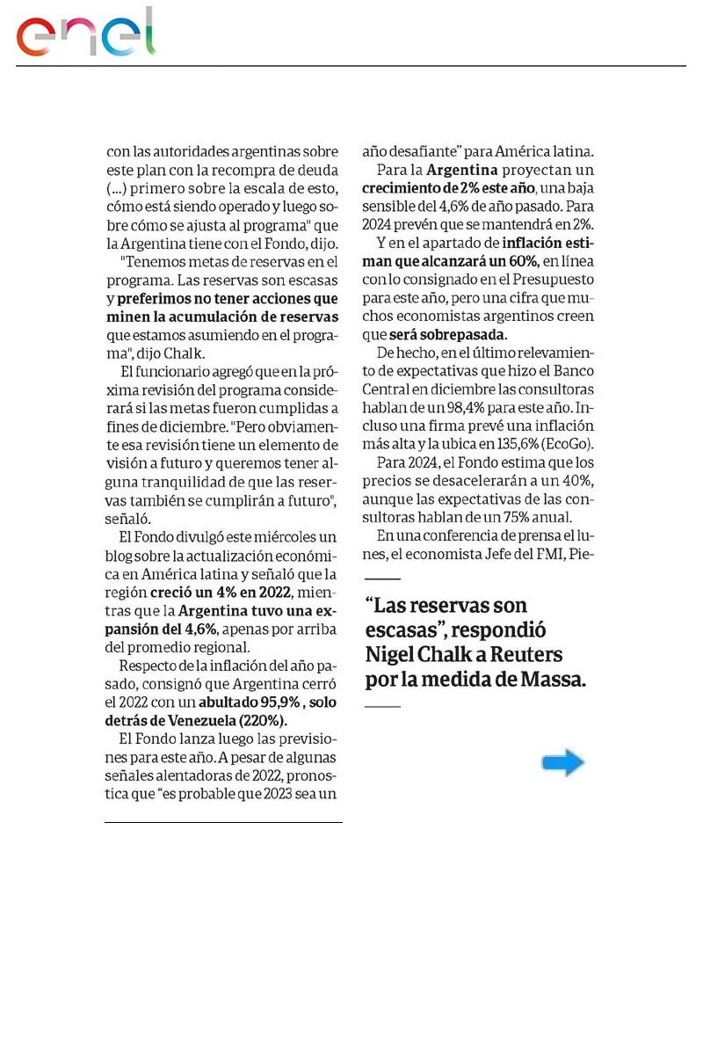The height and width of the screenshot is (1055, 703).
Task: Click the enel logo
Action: pyautogui.click(x=85, y=34)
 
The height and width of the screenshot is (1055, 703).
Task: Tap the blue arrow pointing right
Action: pyautogui.click(x=563, y=762)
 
